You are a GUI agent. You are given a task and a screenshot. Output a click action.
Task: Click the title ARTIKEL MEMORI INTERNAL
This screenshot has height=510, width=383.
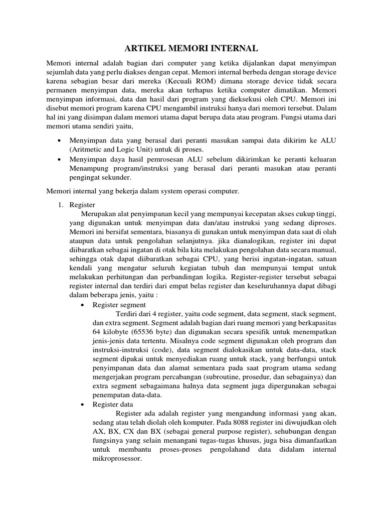[x=191, y=48]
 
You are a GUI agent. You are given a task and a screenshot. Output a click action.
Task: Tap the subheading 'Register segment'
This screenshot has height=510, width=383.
[x=120, y=305]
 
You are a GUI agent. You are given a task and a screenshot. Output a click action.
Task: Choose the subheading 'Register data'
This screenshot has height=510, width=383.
[x=114, y=404]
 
